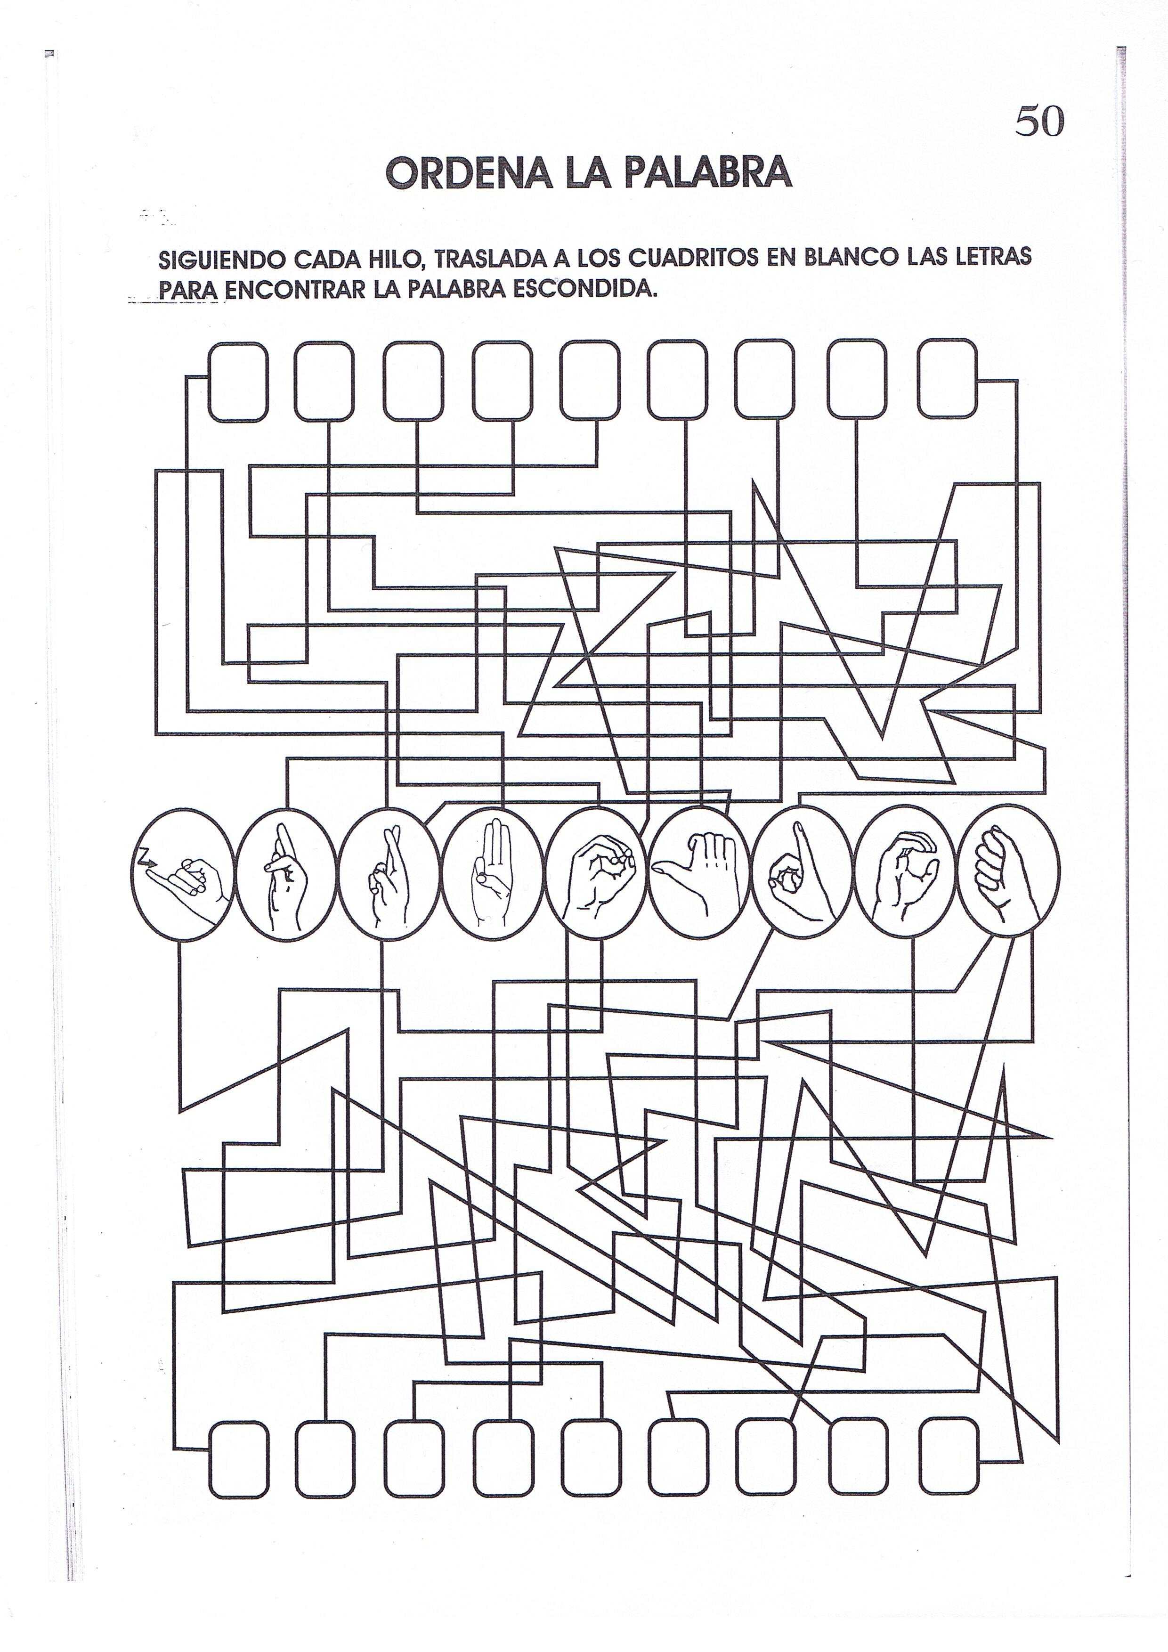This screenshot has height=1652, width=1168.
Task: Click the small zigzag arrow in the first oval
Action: (148, 856)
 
